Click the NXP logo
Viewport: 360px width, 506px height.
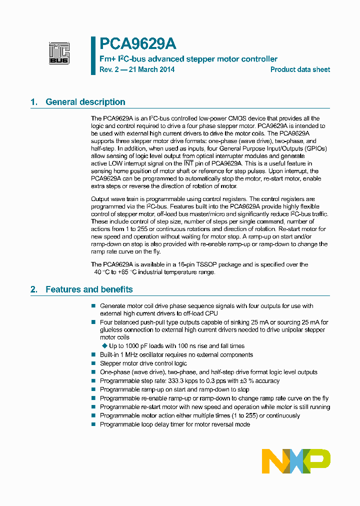(296, 461)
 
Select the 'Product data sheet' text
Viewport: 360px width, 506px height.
(300, 69)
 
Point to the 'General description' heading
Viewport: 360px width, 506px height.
(85, 102)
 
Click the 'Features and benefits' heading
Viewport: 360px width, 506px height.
(89, 289)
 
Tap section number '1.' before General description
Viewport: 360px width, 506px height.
(34, 102)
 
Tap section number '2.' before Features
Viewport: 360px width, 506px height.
(34, 289)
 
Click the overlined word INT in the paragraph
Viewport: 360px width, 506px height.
(188, 163)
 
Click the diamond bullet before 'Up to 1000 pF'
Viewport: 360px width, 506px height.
(104, 346)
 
